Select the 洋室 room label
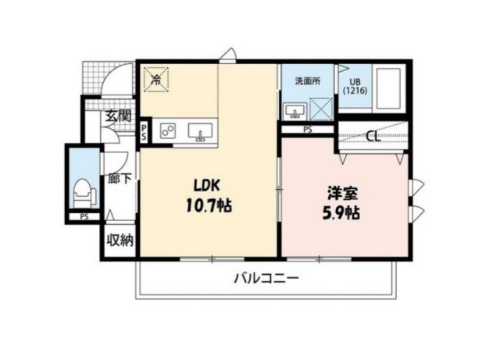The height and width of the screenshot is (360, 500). click(342, 192)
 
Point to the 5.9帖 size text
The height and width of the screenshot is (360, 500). click(342, 212)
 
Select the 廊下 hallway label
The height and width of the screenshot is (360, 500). click(120, 178)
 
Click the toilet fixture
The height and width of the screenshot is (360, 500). click(83, 190)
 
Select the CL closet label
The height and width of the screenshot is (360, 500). click(373, 137)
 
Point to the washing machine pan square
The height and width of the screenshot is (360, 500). click(321, 109)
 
